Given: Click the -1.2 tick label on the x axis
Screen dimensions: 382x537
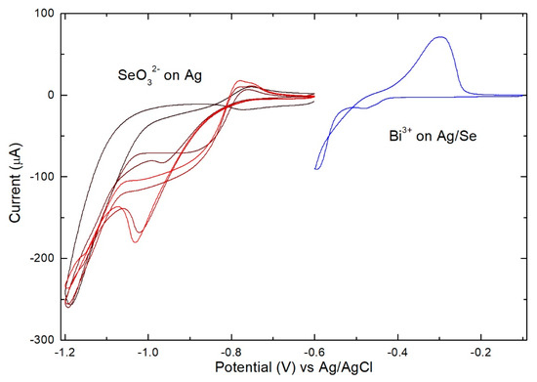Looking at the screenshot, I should click(x=65, y=352).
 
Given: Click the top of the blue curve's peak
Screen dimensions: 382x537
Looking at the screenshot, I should click(x=440, y=37).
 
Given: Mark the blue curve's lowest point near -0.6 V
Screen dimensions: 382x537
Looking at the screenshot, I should click(x=316, y=169).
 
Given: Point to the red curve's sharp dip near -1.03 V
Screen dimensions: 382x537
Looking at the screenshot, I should click(x=136, y=240).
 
